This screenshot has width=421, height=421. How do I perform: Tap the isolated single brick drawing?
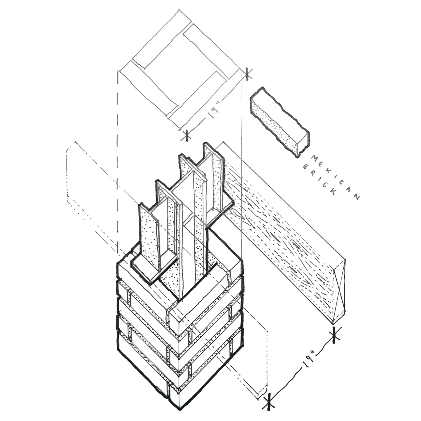click(x=280, y=122)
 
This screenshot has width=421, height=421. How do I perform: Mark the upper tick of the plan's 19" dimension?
click(x=247, y=73)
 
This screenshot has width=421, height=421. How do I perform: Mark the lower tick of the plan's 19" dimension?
click(x=187, y=135)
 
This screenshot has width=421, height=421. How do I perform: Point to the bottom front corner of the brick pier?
click(x=180, y=409)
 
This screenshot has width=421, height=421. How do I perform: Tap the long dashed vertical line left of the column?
click(x=117, y=164)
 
